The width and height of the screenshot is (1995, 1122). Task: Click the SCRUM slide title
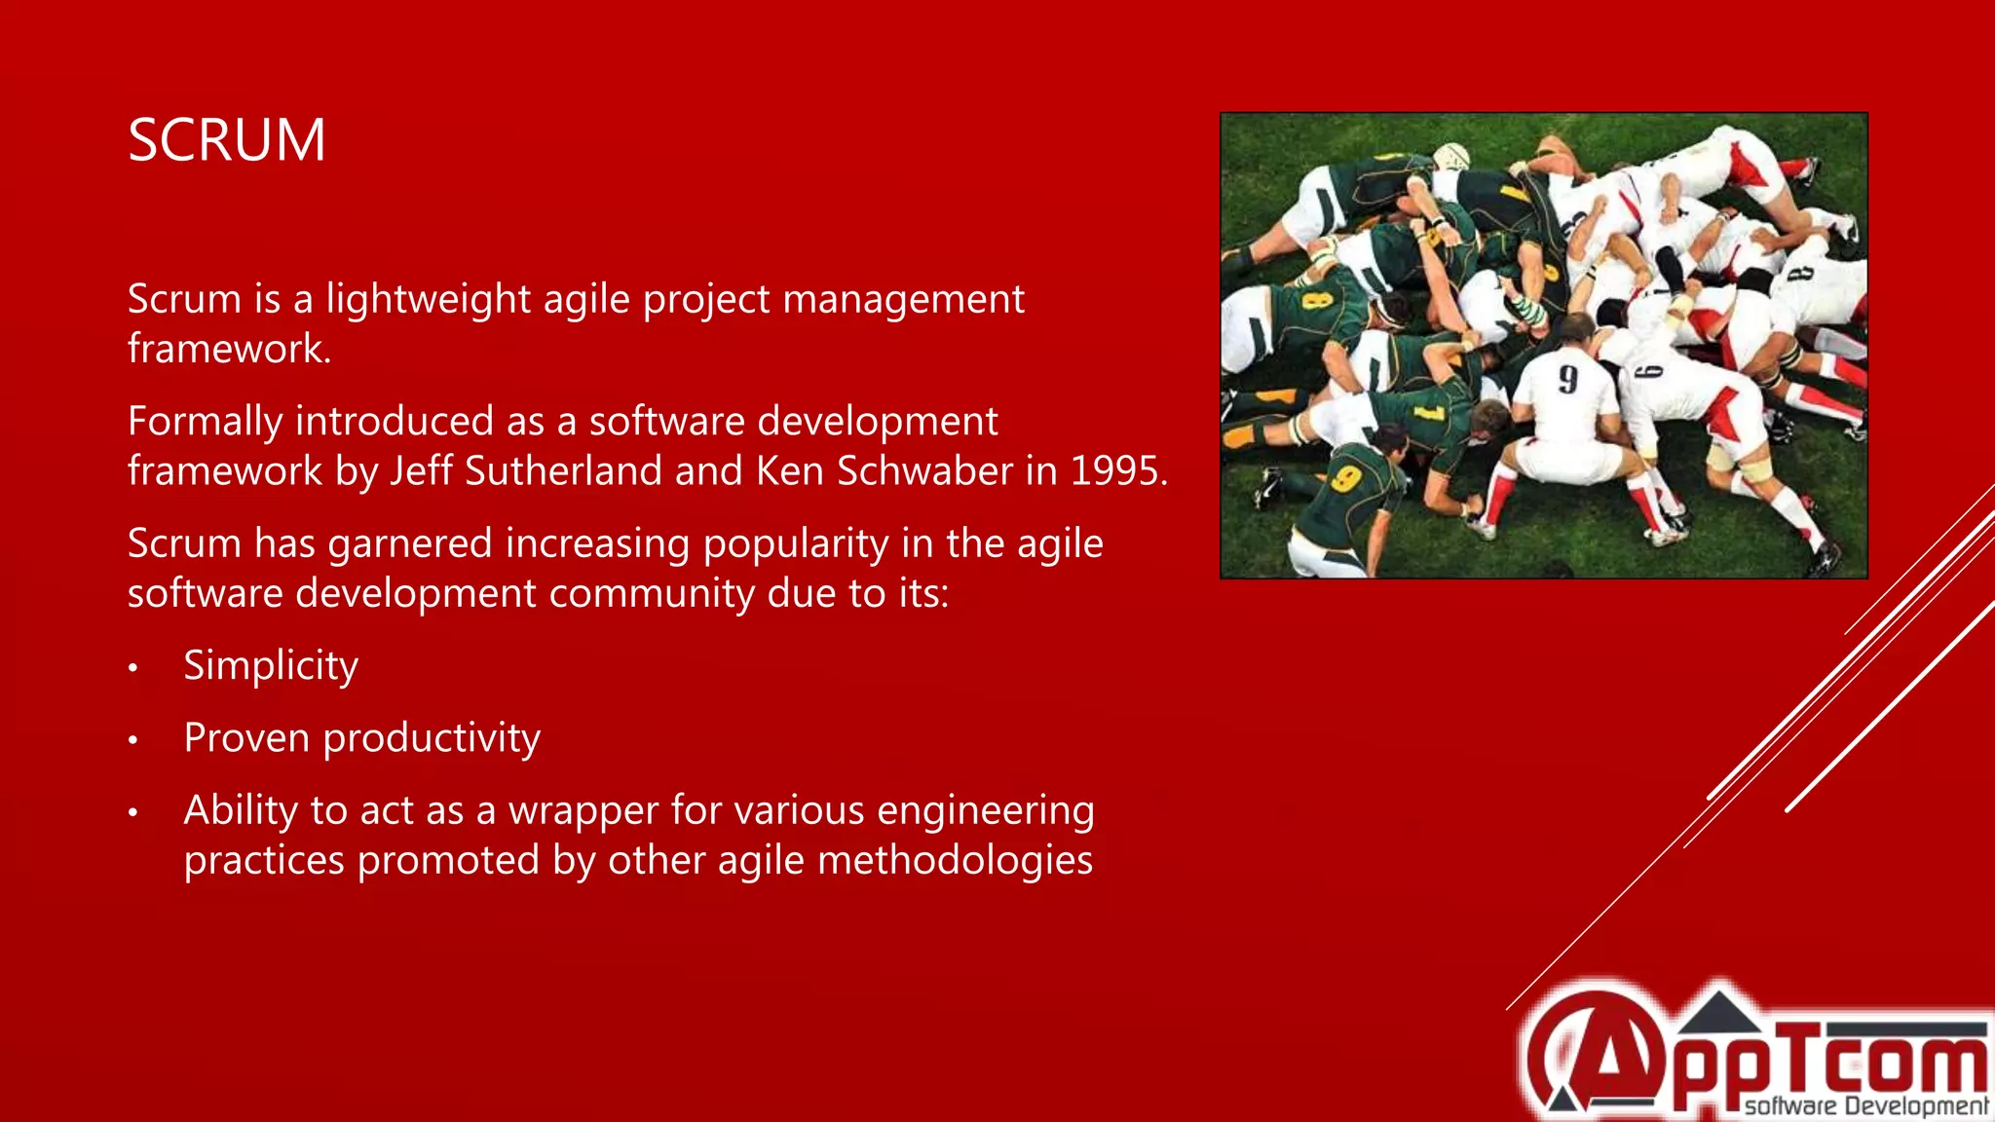pyautogui.click(x=227, y=140)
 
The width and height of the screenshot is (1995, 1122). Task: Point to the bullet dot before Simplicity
pyautogui.click(x=133, y=668)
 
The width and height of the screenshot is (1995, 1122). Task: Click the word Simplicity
pyautogui.click(x=271, y=666)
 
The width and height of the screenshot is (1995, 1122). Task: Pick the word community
pyautogui.click(x=651, y=593)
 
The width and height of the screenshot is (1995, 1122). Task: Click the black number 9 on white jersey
pyautogui.click(x=1567, y=379)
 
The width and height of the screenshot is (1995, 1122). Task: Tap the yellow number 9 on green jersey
pyautogui.click(x=1346, y=478)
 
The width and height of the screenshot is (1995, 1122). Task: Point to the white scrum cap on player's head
pyautogui.click(x=1450, y=156)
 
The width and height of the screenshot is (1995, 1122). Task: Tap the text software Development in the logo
pyautogui.click(x=1865, y=1106)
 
